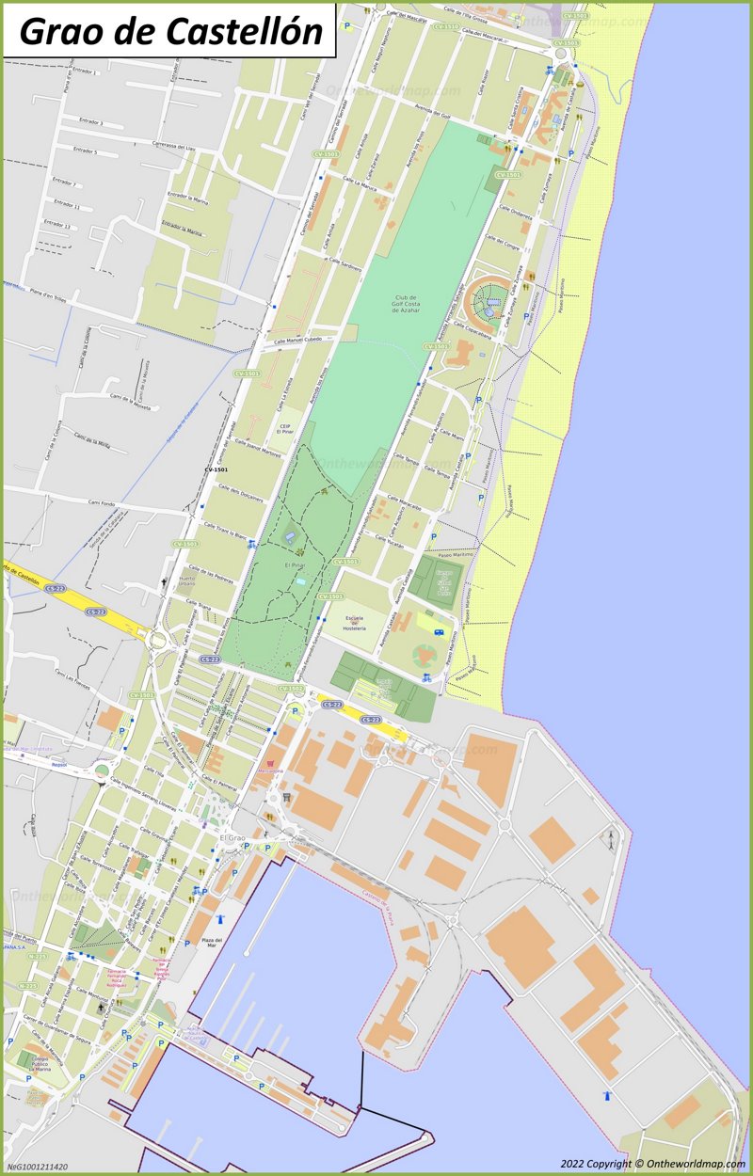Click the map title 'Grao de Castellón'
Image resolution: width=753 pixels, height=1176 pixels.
[x=170, y=30]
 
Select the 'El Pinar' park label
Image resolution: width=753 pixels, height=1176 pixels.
[x=295, y=564]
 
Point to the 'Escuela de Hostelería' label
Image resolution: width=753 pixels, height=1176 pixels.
[x=355, y=623]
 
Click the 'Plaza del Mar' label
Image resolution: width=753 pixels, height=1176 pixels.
[x=211, y=943]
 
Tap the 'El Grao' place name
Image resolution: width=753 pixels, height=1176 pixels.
[x=232, y=837]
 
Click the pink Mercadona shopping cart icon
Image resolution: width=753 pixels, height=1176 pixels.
[x=273, y=764]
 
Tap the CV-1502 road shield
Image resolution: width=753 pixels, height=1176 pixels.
[x=290, y=689]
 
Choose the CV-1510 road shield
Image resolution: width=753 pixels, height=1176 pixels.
[x=446, y=27]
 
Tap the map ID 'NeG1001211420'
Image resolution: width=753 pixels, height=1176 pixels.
[x=38, y=1167]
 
